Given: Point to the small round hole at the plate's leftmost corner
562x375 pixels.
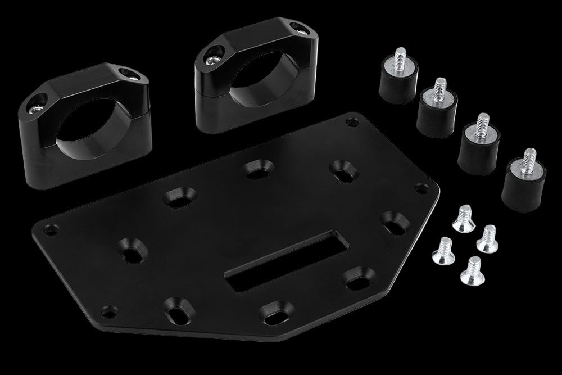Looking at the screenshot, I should pos(51,229).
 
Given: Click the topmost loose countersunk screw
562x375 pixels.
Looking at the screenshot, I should pos(464,218).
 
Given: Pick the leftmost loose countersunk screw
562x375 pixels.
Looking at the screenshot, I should pos(442,251).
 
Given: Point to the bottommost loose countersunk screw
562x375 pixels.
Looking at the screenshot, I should pos(472,271).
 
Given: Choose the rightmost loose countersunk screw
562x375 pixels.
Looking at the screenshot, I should pos(487,239).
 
